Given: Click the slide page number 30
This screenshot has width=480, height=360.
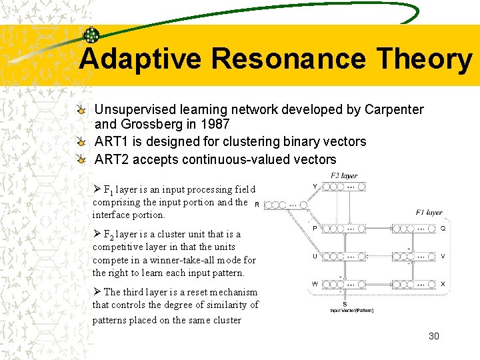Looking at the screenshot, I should (x=433, y=336).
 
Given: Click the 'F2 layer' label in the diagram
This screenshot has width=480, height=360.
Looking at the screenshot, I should (x=344, y=176).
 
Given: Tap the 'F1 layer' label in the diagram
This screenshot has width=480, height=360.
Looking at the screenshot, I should (x=429, y=213).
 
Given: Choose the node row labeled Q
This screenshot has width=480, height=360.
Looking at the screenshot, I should (x=414, y=229).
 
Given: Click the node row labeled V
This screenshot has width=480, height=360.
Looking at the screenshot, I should (x=414, y=257).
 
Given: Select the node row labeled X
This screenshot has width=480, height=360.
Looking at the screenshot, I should (x=414, y=285).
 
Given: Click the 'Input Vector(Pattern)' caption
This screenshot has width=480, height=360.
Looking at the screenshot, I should (x=344, y=311).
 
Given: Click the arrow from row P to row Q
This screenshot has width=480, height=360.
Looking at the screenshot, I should (x=379, y=229).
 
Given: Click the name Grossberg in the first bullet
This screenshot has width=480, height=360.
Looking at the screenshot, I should (x=151, y=124).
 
